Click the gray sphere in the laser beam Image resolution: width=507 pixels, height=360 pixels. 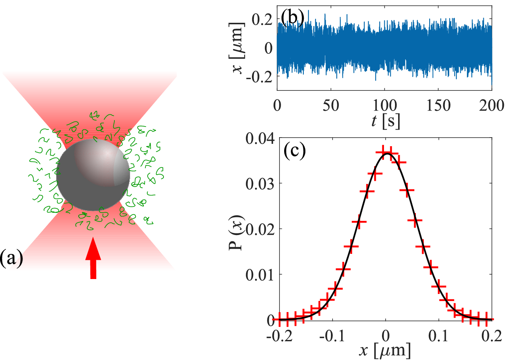pyautogui.click(x=93, y=175)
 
